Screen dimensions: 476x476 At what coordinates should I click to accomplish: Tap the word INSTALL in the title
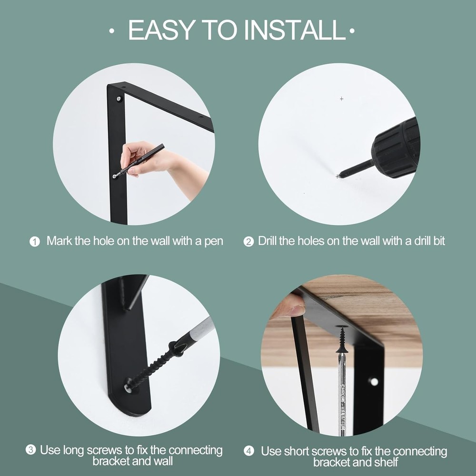[x=295, y=30]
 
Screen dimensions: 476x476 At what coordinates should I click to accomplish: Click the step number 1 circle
[x=35, y=241]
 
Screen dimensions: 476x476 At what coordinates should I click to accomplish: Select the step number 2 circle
[x=248, y=242]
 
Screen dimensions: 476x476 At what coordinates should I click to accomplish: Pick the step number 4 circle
[x=249, y=451]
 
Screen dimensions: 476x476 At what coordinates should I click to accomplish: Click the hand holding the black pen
[x=143, y=159]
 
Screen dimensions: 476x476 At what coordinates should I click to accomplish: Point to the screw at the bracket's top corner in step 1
[x=119, y=99]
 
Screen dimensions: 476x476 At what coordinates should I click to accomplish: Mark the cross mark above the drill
[x=341, y=99]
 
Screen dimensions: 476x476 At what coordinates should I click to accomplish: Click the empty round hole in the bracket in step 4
[x=374, y=382]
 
